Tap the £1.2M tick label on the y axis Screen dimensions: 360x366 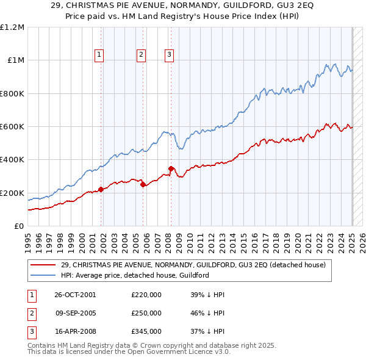12,27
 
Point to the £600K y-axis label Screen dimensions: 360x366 12,127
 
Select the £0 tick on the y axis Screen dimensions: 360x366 19,226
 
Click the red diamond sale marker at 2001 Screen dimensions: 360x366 101,190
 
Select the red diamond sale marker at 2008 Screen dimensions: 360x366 171,169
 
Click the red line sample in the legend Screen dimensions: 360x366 43,265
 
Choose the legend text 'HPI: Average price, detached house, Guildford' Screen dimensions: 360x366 135,275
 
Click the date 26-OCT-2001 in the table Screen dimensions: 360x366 75,295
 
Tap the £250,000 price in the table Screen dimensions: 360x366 146,313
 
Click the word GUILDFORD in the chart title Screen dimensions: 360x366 236,7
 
